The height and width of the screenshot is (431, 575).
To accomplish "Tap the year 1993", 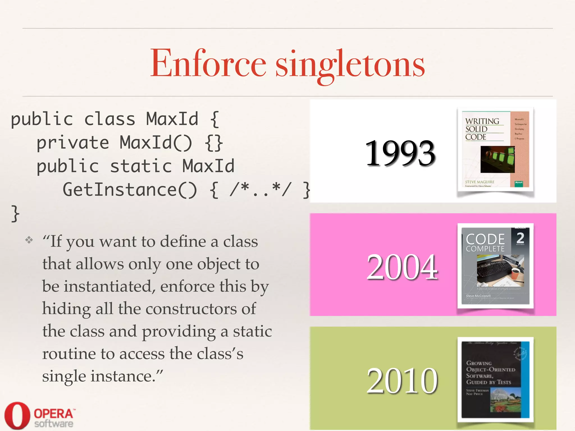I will [x=400, y=153].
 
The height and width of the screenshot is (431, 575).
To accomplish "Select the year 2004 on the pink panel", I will [x=402, y=267].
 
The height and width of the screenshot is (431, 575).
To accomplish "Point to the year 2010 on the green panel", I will [x=402, y=381].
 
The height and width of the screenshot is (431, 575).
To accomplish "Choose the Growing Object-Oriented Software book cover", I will [x=496, y=380].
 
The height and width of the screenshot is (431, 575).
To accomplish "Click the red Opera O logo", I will [x=17, y=415].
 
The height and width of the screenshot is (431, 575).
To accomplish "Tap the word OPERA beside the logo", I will [x=53, y=414].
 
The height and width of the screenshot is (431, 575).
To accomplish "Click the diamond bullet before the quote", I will [x=29, y=240].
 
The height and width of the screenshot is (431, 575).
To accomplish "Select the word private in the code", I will [x=73, y=143].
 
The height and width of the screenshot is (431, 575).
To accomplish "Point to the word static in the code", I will [x=141, y=166].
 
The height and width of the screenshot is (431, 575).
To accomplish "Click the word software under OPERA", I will [x=54, y=424].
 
